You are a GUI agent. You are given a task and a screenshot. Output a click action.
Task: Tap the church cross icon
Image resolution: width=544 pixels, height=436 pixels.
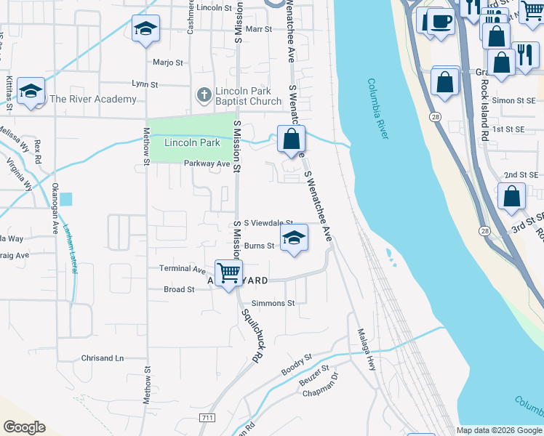[204, 95]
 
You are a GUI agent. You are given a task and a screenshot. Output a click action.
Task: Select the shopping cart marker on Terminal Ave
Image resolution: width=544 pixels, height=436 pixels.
[229, 273]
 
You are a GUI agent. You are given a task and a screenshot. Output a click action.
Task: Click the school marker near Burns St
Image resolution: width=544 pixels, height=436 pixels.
[294, 238]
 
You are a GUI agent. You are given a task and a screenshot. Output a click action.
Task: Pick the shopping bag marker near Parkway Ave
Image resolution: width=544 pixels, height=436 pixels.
[291, 139]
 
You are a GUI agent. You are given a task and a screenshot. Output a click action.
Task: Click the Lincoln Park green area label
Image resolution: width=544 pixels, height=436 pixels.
[192, 143]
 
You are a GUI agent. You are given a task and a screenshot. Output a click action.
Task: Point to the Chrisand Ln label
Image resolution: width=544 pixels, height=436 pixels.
[103, 358]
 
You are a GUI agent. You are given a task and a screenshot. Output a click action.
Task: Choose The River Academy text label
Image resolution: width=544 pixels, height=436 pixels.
[92, 100]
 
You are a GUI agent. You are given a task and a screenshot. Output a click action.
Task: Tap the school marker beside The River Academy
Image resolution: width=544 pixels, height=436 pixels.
[31, 91]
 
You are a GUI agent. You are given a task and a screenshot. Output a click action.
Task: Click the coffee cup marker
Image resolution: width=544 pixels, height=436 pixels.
[440, 22]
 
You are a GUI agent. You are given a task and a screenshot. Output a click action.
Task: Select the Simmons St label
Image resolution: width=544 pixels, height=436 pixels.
[273, 303]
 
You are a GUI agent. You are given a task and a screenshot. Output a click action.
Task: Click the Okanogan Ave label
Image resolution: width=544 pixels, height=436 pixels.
[55, 208]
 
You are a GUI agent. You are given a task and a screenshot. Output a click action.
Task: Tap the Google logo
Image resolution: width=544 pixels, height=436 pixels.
[24, 427]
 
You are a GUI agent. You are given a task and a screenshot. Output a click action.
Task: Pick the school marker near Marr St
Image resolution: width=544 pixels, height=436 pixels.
[145, 29]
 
